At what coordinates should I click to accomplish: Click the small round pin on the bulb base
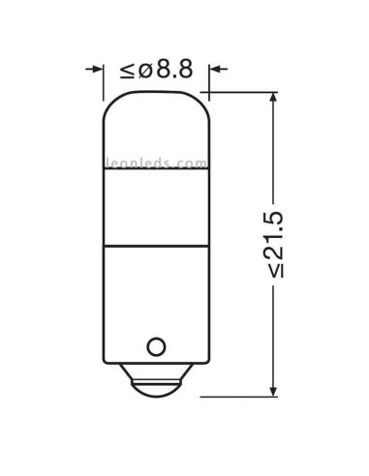click(x=155, y=345)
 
